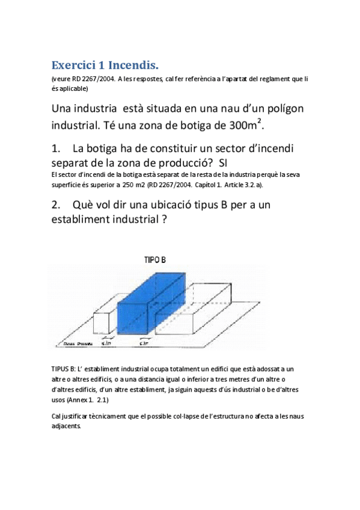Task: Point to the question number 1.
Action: [x=56, y=148]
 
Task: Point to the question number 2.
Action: [x=56, y=204]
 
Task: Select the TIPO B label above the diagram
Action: [x=155, y=260]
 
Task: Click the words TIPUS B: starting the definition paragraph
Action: [x=64, y=368]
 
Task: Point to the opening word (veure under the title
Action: [x=63, y=79]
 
